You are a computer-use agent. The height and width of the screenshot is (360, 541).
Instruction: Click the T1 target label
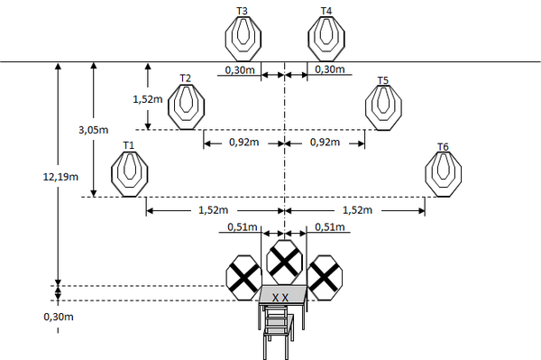pos(129,145)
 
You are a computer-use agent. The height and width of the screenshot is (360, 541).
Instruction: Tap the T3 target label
pos(242,11)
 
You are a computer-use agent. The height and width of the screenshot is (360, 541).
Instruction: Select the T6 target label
pos(443,147)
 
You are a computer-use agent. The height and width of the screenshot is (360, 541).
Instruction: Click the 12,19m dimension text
pos(60,177)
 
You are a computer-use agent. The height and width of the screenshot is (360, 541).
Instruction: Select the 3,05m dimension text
pos(94,130)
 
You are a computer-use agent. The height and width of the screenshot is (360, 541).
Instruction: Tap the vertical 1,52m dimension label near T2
pos(148,99)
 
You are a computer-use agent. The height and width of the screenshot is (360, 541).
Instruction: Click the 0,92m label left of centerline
pos(244,142)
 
